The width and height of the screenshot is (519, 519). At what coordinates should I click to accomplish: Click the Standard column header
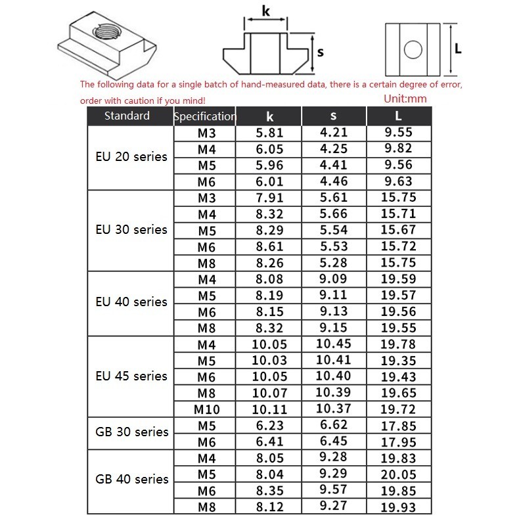click(127, 116)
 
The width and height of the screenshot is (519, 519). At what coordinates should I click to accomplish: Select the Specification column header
click(204, 117)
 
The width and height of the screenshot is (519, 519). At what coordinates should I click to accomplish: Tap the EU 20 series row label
click(131, 157)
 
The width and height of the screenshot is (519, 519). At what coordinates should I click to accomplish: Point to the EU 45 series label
click(131, 376)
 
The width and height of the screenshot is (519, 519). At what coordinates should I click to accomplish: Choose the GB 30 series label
click(131, 432)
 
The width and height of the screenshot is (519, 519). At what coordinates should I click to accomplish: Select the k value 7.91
click(269, 198)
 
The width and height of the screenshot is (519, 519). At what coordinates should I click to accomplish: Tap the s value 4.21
click(333, 133)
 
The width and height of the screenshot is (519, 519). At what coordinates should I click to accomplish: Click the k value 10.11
click(269, 409)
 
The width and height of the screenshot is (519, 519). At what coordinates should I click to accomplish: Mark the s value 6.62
click(333, 424)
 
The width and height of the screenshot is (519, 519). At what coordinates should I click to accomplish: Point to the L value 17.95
click(398, 441)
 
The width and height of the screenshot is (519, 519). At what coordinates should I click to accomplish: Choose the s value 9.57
click(333, 489)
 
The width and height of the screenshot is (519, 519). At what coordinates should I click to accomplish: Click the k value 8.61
click(269, 246)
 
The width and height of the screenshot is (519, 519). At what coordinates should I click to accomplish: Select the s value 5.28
click(333, 262)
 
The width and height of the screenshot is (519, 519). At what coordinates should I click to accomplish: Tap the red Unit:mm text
click(404, 99)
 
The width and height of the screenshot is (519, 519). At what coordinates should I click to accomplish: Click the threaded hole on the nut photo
click(104, 31)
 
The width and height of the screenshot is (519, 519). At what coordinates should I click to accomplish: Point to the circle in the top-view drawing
click(413, 50)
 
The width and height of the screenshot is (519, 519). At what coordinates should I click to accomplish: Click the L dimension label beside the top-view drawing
click(458, 48)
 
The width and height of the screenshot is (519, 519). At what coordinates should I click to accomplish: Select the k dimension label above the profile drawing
click(265, 11)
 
